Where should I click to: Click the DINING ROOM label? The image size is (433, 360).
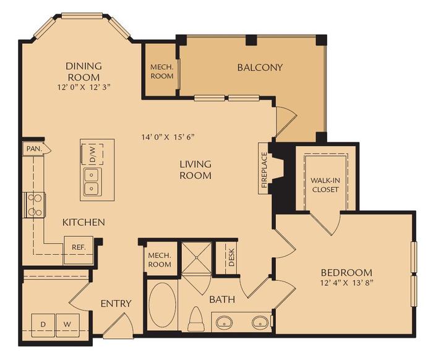click(x=84, y=71)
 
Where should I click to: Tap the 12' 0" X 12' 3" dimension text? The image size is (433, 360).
click(x=84, y=88)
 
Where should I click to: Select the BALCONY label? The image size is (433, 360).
click(x=260, y=67)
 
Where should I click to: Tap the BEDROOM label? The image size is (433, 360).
click(x=346, y=272)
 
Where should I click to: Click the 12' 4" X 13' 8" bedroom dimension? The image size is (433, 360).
click(x=346, y=284)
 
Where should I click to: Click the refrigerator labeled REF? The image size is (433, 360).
click(x=79, y=246)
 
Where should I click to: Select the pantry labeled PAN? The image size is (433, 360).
click(x=32, y=149)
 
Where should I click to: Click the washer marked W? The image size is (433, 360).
click(x=67, y=324)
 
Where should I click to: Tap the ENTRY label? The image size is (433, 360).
click(x=116, y=303)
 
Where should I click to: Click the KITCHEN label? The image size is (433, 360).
click(x=83, y=222)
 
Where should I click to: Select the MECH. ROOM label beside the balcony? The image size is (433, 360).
click(x=161, y=71)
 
